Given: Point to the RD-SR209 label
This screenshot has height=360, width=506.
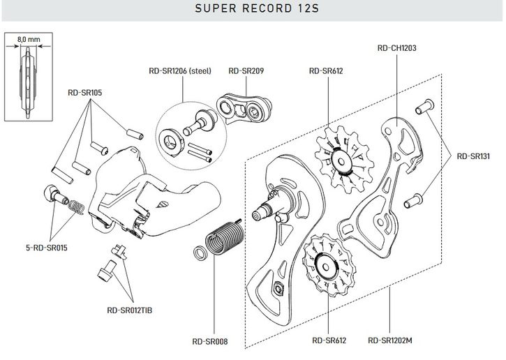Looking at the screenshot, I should tap(246, 70).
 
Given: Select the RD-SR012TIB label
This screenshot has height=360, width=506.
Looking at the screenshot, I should tap(130, 309).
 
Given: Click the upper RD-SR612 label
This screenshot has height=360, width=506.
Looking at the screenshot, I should tap(325, 70).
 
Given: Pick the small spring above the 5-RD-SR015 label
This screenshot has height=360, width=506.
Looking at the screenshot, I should tap(77, 207).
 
